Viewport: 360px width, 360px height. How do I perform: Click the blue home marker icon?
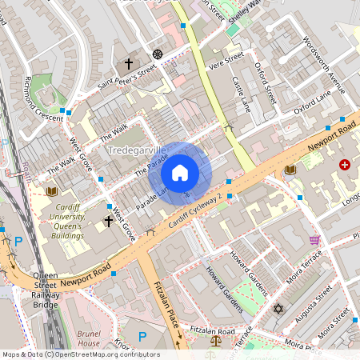[180, 172]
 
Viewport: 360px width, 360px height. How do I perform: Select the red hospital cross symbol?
[345, 165]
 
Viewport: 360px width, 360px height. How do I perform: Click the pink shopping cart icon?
[314, 240]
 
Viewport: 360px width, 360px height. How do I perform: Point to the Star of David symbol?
[278, 308]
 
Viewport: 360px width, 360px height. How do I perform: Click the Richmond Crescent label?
[42, 95]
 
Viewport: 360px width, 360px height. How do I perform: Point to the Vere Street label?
[226, 58]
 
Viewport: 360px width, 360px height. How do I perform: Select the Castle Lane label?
[242, 94]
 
